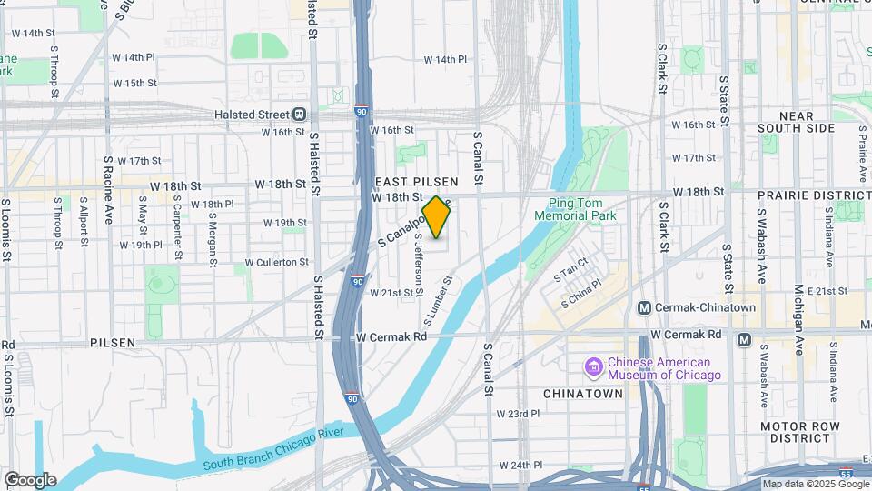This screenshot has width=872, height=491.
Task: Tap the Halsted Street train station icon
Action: click(298, 114)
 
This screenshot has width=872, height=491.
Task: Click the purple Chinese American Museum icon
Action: click(594, 367)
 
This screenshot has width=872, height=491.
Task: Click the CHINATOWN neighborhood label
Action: click(582, 394)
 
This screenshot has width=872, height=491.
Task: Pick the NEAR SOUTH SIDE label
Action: click(795, 122)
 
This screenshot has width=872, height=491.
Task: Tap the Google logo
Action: click(29, 480)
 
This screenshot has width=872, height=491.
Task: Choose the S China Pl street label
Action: click(580, 293)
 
